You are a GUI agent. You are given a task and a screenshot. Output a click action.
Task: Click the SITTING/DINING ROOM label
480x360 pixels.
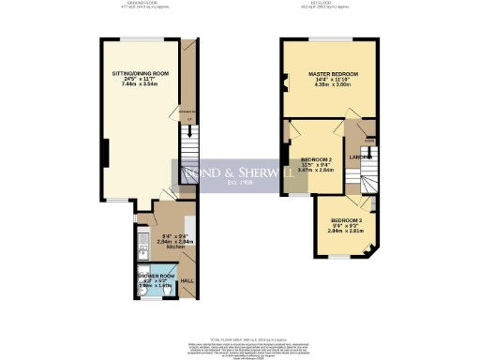(x=140, y=72)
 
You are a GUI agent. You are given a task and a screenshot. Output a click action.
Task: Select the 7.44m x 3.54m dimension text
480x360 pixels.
(x=140, y=84)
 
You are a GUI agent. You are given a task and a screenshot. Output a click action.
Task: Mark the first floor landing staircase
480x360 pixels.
(x=371, y=178)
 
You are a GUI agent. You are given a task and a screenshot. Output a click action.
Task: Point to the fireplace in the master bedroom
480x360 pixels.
(x=283, y=89)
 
